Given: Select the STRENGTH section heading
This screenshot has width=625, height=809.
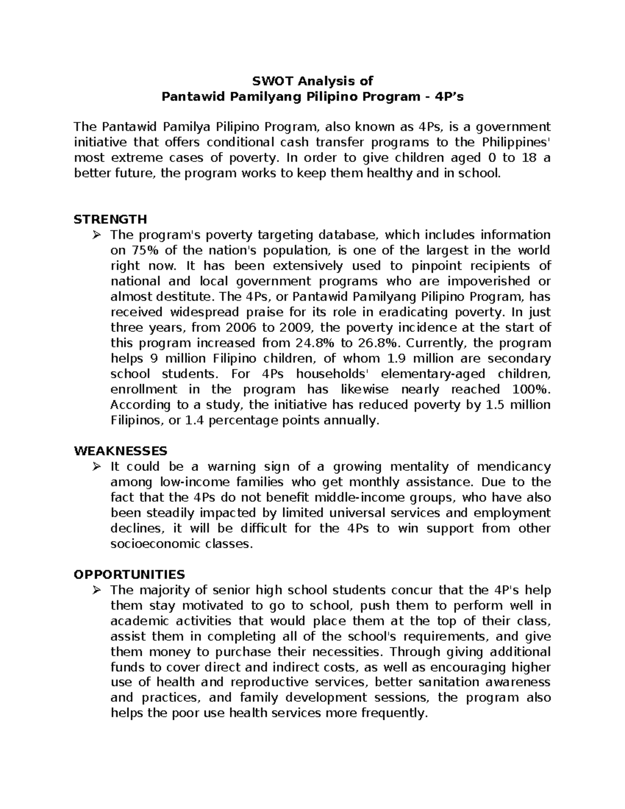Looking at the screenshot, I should coord(110,219).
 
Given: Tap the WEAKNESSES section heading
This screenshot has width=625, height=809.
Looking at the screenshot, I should coord(120,450).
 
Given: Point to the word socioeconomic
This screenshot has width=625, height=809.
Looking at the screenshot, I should coord(155,544).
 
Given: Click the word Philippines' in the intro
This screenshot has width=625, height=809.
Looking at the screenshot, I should coord(516,142).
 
